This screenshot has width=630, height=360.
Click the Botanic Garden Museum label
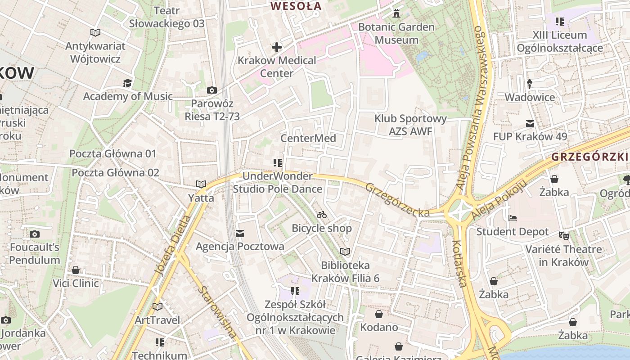click(396, 33)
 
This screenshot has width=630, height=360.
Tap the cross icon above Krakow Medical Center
click(276, 47)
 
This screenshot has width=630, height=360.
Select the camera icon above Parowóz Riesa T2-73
click(212, 90)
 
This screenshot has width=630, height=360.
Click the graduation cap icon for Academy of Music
click(128, 83)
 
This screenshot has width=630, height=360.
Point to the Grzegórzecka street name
click(397, 200)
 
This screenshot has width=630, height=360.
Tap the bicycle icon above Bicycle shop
click(322, 215)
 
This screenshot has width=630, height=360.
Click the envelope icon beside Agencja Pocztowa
click(240, 233)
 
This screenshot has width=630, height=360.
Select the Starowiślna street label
click(217, 311)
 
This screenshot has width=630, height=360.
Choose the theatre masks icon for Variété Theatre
click(564, 235)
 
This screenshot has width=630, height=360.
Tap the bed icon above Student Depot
click(513, 219)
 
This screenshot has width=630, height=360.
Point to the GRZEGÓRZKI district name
click(589, 157)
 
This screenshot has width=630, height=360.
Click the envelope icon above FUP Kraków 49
click(530, 123)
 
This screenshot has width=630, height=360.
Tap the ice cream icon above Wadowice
click(530, 84)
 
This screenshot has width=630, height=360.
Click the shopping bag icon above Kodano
click(379, 314)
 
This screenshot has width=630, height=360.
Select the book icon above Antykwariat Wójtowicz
click(95, 33)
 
